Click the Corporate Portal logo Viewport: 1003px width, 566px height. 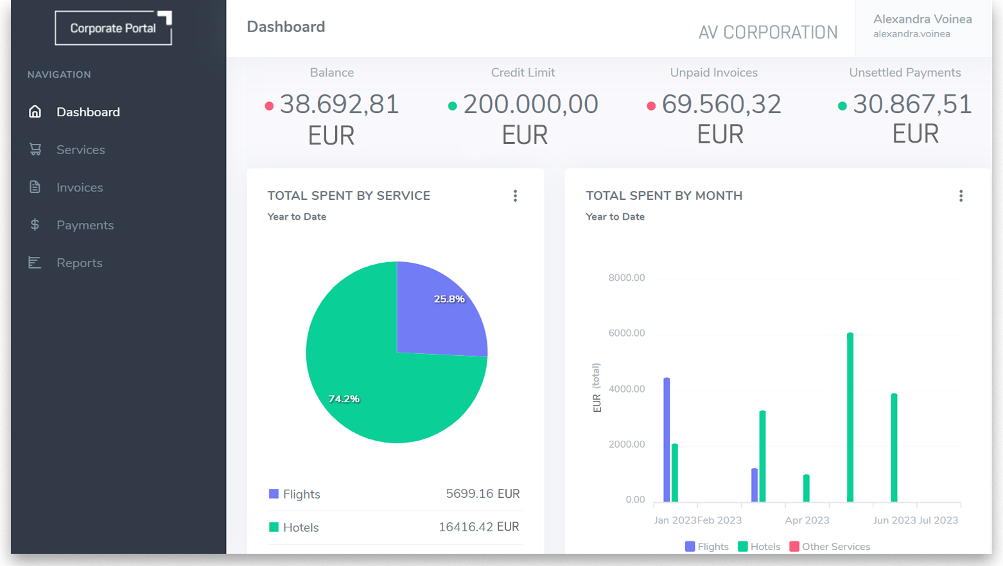(x=113, y=28)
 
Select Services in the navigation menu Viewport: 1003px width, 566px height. (x=80, y=150)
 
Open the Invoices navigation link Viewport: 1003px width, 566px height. (x=79, y=188)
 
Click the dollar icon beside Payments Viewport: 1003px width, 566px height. (x=35, y=225)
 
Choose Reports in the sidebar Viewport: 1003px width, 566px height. (x=79, y=263)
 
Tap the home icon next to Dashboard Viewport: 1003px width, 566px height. (x=35, y=112)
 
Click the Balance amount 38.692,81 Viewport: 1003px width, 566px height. (x=339, y=105)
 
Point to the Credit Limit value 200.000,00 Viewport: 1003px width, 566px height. (x=530, y=105)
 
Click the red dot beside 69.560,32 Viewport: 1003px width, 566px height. (x=650, y=106)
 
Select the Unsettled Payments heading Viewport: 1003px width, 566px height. (x=905, y=73)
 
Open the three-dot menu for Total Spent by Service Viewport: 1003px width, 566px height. (x=515, y=196)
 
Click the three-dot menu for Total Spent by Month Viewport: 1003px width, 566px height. (x=961, y=196)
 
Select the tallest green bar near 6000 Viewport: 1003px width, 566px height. (x=850, y=418)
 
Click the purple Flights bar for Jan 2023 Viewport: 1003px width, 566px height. (x=667, y=440)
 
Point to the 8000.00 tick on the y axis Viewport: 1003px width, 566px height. (x=626, y=278)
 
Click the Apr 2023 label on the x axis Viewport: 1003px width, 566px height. (x=807, y=520)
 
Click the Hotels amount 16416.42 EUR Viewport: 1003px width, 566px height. (x=478, y=527)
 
